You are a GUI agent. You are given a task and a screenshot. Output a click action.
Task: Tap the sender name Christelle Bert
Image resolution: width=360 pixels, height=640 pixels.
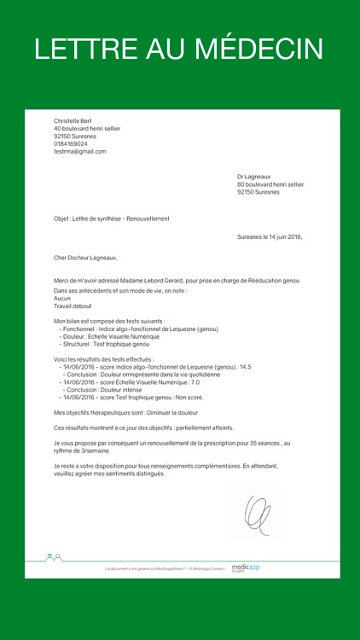[72, 121]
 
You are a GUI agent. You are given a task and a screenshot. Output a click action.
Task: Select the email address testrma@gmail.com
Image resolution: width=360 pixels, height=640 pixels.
[80, 151]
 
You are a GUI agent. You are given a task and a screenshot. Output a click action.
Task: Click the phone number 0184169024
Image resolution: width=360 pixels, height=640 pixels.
[71, 143]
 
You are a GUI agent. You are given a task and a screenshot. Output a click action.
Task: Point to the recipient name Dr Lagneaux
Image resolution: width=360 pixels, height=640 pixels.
[253, 177]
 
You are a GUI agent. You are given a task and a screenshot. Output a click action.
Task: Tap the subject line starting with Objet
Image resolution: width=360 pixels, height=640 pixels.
[111, 218]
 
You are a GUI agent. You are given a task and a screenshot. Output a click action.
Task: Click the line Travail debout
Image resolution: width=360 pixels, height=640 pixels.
[73, 305]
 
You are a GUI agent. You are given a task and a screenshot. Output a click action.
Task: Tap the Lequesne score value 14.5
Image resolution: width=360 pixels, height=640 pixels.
[245, 367]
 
